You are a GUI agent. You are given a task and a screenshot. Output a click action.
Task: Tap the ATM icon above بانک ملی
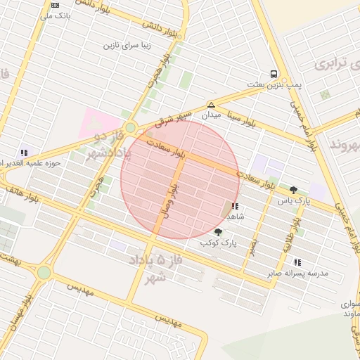pyautogui.click(x=55, y=4)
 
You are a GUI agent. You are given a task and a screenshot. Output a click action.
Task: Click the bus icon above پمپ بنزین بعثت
pyautogui.click(x=273, y=74)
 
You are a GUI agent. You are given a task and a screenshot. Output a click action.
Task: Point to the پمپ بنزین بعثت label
pyautogui.click(x=274, y=84)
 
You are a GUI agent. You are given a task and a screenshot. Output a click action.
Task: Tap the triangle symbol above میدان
pyautogui.click(x=211, y=104)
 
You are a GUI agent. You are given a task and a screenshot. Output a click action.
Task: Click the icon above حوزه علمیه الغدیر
pyautogui.click(x=24, y=152)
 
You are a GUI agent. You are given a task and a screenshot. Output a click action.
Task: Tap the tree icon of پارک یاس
pyautogui.click(x=293, y=190)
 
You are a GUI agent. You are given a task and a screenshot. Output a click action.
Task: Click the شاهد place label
pyautogui.click(x=235, y=217)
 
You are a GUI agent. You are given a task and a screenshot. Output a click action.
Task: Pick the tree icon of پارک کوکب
pyautogui.click(x=218, y=232)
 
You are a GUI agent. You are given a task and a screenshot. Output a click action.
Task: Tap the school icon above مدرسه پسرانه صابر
pyautogui.click(x=297, y=262)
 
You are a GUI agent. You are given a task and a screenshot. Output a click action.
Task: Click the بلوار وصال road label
pyautogui.click(x=169, y=200)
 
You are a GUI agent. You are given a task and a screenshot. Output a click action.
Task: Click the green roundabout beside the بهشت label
pyautogui.click(x=44, y=272)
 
